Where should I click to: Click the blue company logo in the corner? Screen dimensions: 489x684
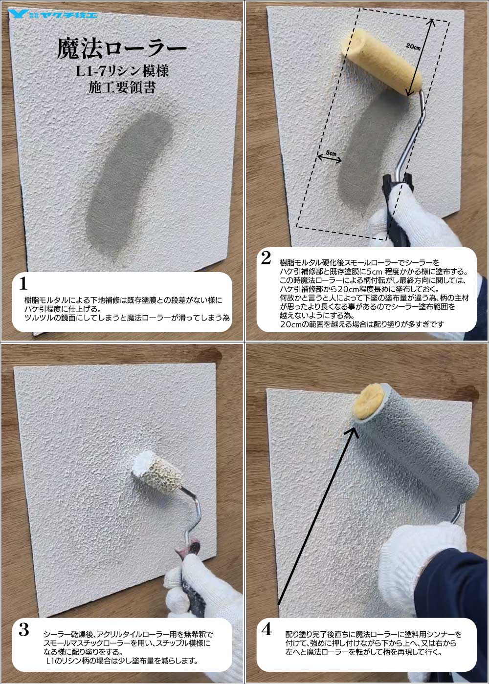point(53,14)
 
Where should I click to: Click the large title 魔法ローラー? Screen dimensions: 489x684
point(122,49)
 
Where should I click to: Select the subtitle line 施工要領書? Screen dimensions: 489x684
point(122,87)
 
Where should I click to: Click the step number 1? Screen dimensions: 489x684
point(23,283)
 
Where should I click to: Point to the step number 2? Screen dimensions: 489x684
point(266,258)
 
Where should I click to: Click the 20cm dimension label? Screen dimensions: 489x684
point(413,47)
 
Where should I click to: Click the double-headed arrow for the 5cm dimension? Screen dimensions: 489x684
point(330,158)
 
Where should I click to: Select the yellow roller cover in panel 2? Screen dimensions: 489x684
point(381,63)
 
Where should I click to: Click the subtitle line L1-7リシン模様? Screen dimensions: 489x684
point(122,71)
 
